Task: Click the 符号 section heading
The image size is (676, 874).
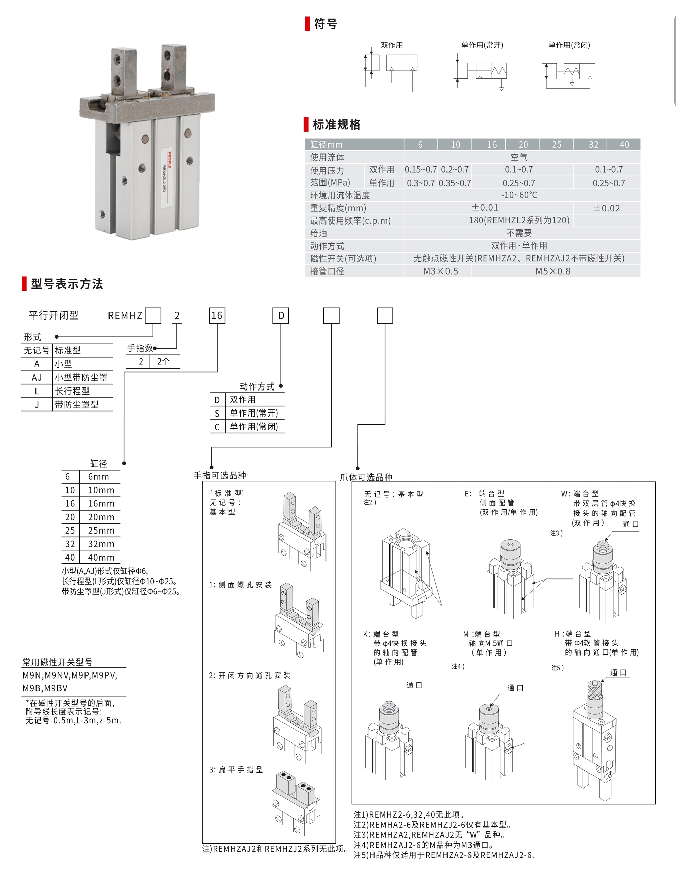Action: tap(325, 24)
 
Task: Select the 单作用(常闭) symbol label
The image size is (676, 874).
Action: tap(569, 45)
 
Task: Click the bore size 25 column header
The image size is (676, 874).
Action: tap(556, 144)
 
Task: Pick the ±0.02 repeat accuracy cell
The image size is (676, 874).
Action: tap(606, 208)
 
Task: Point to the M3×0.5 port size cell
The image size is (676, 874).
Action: tap(440, 271)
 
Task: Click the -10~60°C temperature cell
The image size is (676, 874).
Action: tap(519, 195)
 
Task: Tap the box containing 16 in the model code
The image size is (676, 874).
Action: tap(217, 316)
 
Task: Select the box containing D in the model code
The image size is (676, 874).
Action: tap(281, 316)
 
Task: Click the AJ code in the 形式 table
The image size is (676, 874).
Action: tap(37, 377)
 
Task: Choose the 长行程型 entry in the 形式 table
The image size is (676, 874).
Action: tap(72, 391)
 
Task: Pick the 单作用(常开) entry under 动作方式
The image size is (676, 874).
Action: tap(254, 413)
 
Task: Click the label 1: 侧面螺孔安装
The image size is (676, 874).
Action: tap(240, 585)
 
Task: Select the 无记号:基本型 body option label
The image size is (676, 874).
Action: tap(393, 494)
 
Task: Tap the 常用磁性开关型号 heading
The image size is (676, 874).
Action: tap(57, 662)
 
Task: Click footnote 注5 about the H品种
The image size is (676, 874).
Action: tap(443, 855)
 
